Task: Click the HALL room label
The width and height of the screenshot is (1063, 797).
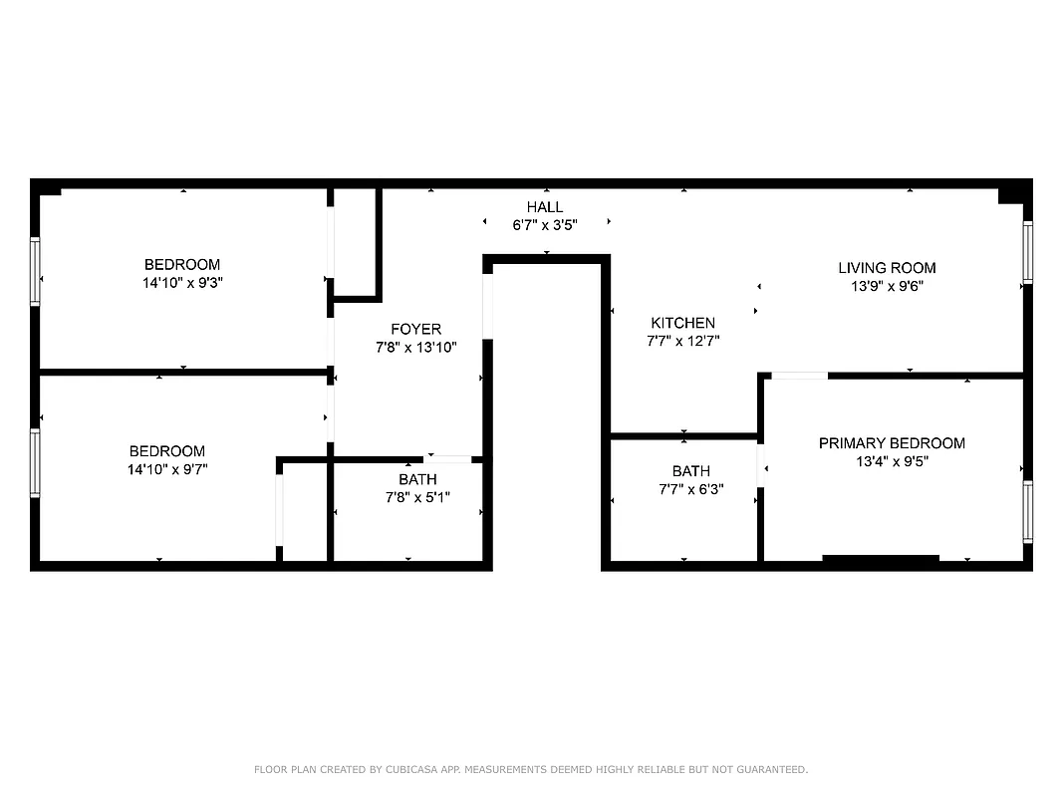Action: [x=545, y=207]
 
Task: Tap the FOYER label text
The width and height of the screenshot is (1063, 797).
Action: [x=415, y=329]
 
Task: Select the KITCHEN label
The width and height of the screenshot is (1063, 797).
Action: [x=682, y=323]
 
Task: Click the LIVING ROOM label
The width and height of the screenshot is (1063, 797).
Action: [x=887, y=267]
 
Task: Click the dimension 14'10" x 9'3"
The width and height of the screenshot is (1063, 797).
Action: [x=182, y=283]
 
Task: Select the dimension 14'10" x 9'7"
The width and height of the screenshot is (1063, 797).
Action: [x=166, y=469]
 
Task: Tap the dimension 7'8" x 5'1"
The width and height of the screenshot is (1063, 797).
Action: [x=417, y=497]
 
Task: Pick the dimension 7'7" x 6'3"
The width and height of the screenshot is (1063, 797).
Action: [x=690, y=489]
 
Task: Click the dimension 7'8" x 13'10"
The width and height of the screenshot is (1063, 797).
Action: [x=415, y=348]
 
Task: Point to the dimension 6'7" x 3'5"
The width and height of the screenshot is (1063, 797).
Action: [x=545, y=225]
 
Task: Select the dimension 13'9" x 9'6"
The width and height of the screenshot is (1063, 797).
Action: [x=887, y=286]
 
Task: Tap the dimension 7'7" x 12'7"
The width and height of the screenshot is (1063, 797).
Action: [x=682, y=341]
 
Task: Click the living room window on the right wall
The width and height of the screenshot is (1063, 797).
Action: [x=1027, y=251]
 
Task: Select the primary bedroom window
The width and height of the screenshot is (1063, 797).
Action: [x=1027, y=512]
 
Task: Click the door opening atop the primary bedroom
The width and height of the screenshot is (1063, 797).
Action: [x=799, y=376]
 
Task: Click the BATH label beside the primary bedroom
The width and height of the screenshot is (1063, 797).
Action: [x=690, y=471]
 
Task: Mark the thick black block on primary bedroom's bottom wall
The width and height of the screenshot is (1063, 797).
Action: [x=881, y=561]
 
